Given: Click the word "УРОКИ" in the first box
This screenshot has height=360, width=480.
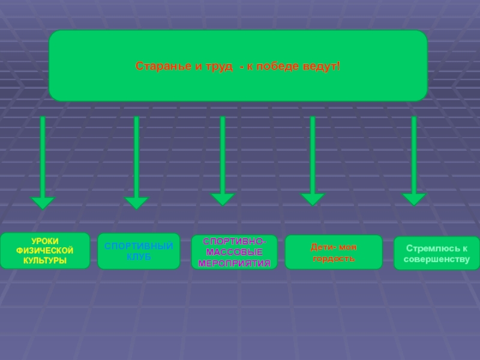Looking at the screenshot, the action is [45, 241].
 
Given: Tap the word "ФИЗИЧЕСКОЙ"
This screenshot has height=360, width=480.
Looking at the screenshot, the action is [45, 250].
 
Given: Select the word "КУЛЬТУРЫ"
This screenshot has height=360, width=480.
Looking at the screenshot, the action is [45, 260].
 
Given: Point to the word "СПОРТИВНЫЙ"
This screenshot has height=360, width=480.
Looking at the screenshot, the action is [139, 247].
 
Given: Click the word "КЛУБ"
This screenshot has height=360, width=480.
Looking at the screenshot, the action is [139, 257].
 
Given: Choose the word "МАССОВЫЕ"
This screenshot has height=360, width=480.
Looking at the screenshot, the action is [235, 252].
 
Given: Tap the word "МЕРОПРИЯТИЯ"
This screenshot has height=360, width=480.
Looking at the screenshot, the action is [235, 263].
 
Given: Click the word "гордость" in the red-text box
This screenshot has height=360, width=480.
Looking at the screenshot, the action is [334, 259].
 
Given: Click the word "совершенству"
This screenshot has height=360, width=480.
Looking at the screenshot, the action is [436, 259].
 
